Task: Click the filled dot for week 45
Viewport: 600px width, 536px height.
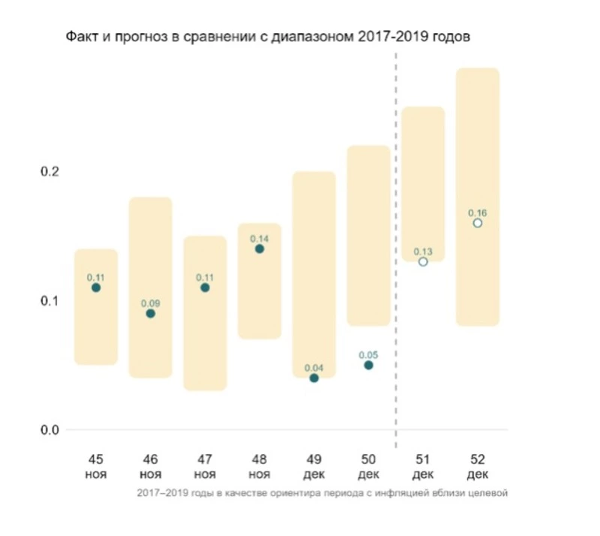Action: (x=96, y=288)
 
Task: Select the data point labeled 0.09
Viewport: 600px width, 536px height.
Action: (x=150, y=313)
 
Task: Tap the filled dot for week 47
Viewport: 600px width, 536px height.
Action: (x=205, y=288)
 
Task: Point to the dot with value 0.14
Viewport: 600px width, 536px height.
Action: (x=259, y=248)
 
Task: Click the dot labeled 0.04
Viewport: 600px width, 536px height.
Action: (x=314, y=378)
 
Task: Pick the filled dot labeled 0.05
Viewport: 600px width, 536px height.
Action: (x=368, y=365)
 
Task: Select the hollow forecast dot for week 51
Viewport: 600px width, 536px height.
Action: (x=423, y=261)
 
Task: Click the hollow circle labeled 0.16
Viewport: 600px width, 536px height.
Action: (x=478, y=223)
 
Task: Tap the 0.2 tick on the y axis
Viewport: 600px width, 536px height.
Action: (x=49, y=171)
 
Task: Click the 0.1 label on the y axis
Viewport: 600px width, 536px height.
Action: (x=49, y=300)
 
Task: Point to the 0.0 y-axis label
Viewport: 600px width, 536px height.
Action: (x=49, y=429)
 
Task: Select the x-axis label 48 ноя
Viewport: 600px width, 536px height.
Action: (x=259, y=467)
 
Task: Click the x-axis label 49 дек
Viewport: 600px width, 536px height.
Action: (x=314, y=467)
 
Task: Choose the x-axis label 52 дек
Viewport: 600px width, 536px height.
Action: (x=478, y=467)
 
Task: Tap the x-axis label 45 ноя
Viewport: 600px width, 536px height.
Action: (x=96, y=467)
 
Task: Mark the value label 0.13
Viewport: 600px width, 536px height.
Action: (x=423, y=250)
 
